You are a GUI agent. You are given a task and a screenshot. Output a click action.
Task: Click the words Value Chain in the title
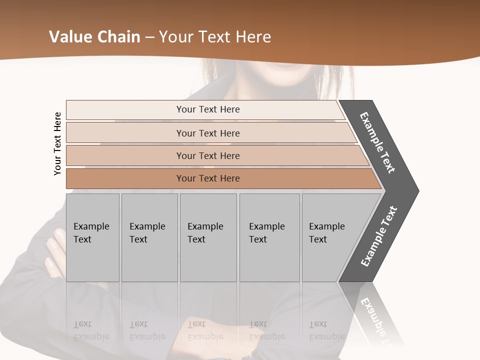pos(94,37)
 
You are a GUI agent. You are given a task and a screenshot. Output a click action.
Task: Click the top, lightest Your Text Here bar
pos(207,109)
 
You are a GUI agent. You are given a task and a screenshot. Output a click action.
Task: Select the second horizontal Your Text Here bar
pos(207,133)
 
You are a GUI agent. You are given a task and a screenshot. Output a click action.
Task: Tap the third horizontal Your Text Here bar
pos(207,155)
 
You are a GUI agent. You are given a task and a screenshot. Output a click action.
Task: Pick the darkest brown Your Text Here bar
pos(207,178)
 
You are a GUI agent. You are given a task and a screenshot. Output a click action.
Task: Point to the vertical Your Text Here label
pos(57,143)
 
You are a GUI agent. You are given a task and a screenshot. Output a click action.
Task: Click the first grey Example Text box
pos(92,237)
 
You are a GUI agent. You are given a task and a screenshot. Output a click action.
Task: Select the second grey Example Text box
pos(149,237)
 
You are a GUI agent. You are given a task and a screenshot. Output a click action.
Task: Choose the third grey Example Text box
pos(208,237)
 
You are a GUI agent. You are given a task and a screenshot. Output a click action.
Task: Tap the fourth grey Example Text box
pos(269,237)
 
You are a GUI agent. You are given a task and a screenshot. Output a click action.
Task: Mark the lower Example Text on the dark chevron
pos(378,236)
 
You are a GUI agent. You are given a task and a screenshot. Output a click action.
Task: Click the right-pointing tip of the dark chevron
pos(417,190)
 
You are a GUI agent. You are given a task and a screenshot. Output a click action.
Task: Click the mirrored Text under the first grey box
pos(82,324)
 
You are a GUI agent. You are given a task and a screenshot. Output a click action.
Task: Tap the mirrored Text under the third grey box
pos(196,324)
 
